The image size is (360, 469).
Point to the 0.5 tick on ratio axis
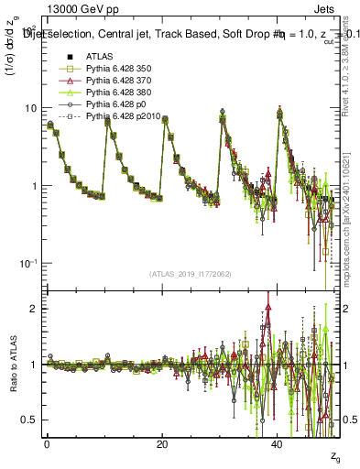pyautogui.click(x=29, y=420)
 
